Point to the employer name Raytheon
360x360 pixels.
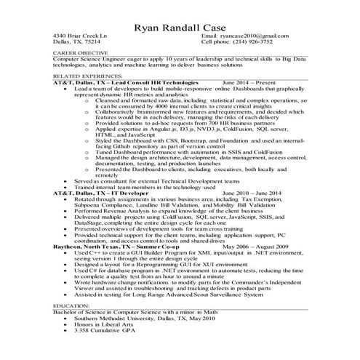(69, 247)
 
